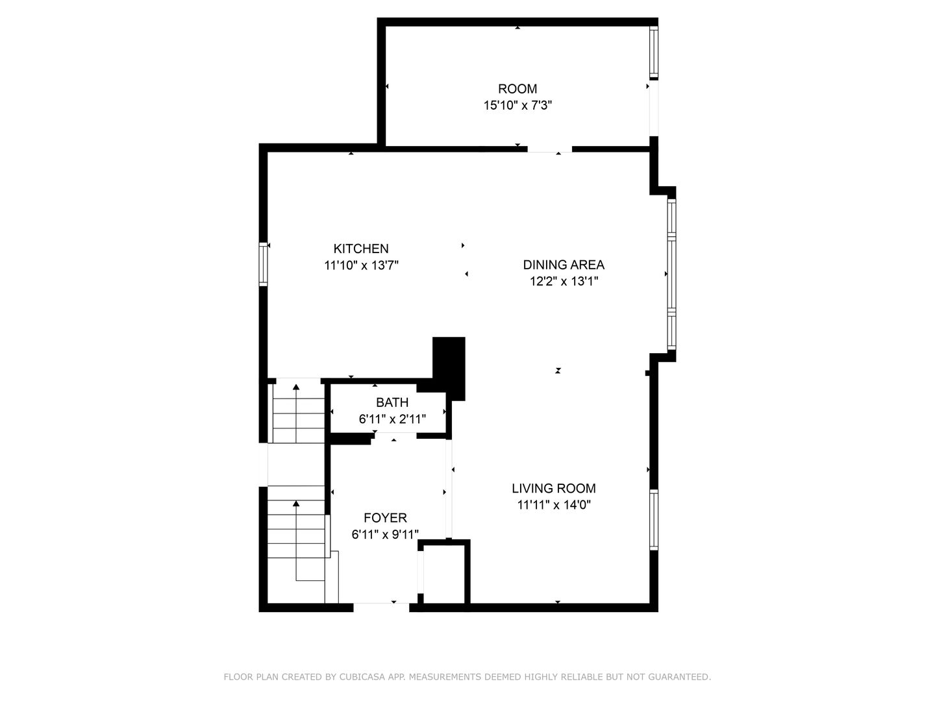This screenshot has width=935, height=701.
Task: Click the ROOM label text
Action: pos(517,89)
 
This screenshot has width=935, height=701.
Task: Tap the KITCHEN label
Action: pos(361,249)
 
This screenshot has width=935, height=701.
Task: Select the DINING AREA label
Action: pos(564,265)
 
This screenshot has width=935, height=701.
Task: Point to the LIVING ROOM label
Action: pos(554,488)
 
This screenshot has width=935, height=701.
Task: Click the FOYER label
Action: pos(385,517)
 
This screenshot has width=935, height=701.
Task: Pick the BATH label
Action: pos(392,402)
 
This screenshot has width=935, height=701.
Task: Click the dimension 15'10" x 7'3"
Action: pos(517,105)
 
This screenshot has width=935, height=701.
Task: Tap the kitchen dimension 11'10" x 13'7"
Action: pos(361,265)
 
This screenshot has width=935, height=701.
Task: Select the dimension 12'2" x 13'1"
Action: pos(564,281)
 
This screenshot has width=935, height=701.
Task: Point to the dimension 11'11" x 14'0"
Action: pos(554,505)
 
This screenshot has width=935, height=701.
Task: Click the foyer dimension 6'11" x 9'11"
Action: pos(385,534)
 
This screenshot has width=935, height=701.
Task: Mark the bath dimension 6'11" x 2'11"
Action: pos(392,419)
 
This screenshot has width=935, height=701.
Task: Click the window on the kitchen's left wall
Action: pos(263,264)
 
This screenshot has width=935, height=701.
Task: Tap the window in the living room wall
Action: pos(653,520)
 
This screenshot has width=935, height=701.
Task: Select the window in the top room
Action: pos(653,53)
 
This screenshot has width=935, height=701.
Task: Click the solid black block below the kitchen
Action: pos(449,369)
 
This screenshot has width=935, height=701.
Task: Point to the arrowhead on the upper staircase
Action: pos(296,386)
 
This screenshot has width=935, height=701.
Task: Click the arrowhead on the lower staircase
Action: pos(296,504)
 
